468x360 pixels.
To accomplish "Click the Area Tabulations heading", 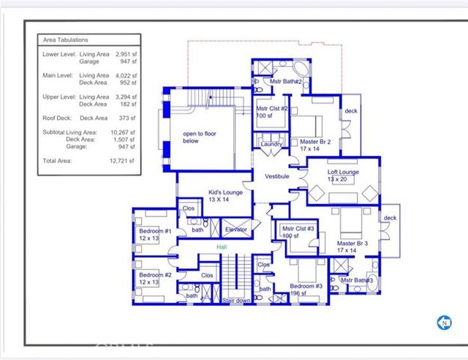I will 65,40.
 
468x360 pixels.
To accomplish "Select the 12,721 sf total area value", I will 120,160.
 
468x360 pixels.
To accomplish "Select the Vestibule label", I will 277,176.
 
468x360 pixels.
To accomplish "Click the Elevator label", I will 236,229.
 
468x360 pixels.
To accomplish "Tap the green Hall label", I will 221,247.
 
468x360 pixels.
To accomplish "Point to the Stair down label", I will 236,301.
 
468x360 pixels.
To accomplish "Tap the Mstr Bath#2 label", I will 286,81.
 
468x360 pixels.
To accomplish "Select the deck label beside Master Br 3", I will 389,218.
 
